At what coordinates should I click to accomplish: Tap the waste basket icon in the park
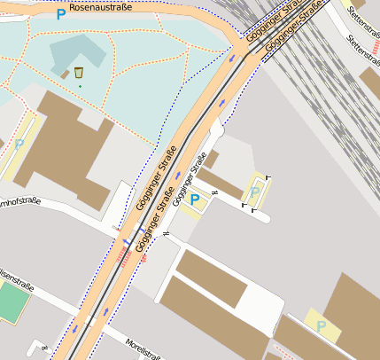tap(79, 72)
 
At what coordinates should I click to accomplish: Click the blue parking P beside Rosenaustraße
tap(60, 14)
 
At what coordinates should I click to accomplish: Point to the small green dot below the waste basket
tap(79, 86)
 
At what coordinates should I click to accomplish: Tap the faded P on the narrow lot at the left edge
tap(19, 144)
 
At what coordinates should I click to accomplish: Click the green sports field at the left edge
tap(11, 303)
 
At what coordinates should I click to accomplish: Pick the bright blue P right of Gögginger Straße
tap(195, 200)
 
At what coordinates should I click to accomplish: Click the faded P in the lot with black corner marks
tap(256, 192)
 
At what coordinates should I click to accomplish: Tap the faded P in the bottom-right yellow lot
tap(322, 326)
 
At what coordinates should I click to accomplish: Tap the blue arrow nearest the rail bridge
tap(232, 58)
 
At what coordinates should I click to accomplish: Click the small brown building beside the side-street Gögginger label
tap(212, 160)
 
